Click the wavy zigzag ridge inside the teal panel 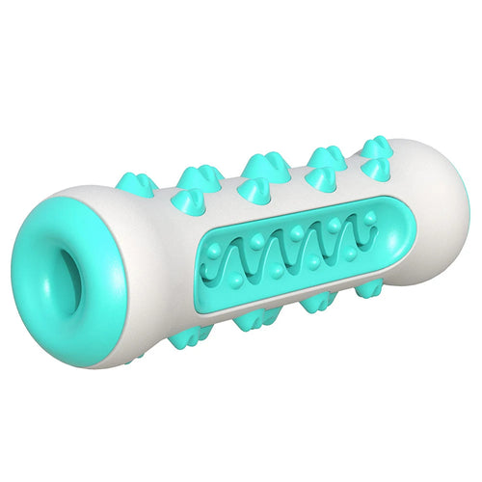coord(289,255)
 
